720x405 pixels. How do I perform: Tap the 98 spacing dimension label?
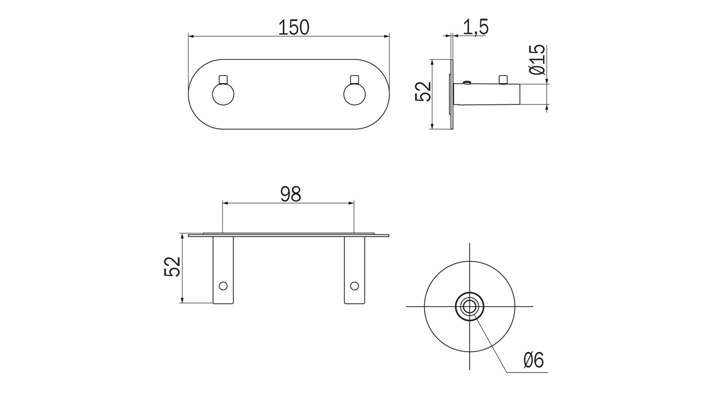[291, 194]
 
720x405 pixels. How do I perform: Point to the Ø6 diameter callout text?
[533, 360]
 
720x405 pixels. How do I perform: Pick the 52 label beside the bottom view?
[172, 267]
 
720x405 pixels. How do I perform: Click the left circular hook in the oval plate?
[223, 94]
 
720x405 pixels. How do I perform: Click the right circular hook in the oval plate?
[354, 94]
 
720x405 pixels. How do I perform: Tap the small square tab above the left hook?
[223, 79]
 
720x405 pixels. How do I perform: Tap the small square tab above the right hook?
[354, 79]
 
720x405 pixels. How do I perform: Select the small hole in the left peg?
[223, 286]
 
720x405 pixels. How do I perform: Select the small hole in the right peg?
[354, 286]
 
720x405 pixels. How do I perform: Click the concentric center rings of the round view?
[469, 307]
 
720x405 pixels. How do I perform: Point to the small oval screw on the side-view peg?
[467, 82]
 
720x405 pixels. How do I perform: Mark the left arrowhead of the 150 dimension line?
[190, 36]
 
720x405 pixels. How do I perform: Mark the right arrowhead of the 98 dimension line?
[351, 203]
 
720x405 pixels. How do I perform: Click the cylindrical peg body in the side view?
[487, 94]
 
